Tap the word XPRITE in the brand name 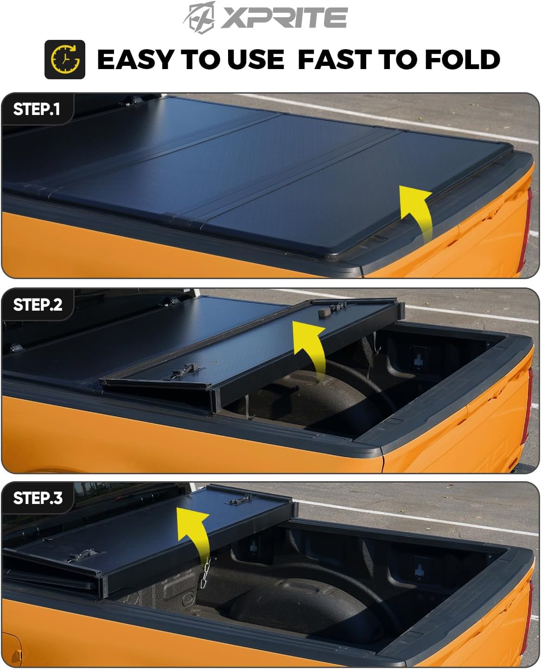(x=284, y=18)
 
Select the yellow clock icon (x=65, y=59)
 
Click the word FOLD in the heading (x=462, y=59)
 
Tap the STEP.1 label (x=37, y=109)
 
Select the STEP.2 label (x=38, y=305)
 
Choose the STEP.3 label (x=38, y=498)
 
